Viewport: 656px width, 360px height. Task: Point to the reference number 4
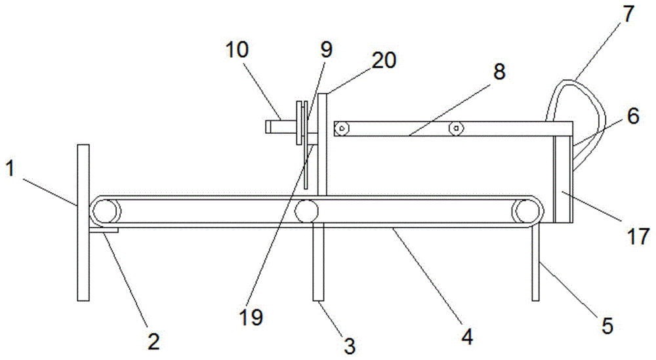tap(466, 336)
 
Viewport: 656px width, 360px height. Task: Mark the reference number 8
tap(500, 72)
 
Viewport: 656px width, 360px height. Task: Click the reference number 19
tap(251, 317)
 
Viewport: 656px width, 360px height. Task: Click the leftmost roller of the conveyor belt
tap(106, 212)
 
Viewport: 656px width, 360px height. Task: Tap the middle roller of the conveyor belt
tap(306, 212)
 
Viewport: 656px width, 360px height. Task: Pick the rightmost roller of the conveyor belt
tap(527, 212)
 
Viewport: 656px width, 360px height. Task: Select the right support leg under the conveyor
tap(535, 262)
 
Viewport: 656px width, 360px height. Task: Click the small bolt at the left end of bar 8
tap(340, 129)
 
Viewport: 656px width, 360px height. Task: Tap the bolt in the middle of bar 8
tap(454, 129)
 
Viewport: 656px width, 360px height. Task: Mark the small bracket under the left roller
tap(105, 231)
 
